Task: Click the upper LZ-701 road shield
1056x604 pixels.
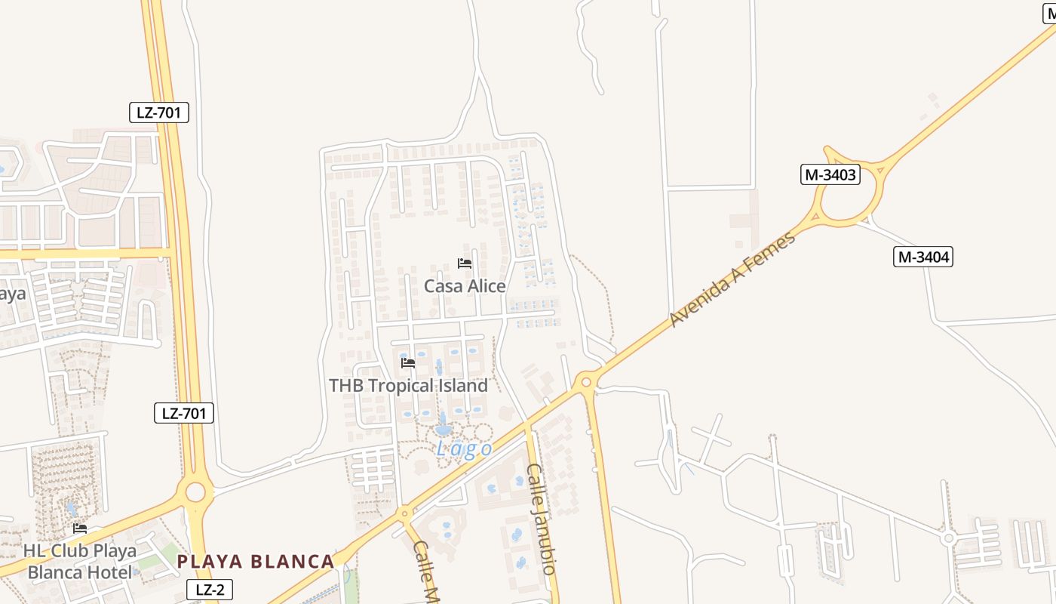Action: [158, 113]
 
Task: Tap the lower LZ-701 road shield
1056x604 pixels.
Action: [184, 413]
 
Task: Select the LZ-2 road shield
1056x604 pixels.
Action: [210, 590]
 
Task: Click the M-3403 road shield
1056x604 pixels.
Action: [830, 175]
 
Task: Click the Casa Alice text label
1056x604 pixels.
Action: [465, 286]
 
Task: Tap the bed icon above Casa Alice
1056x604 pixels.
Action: [465, 263]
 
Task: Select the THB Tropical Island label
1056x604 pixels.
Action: [408, 386]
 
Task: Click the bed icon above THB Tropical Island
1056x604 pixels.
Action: [408, 363]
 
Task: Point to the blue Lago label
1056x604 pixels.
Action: [465, 450]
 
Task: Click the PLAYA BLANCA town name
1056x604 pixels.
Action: [256, 562]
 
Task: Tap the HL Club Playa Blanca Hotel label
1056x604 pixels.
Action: [79, 561]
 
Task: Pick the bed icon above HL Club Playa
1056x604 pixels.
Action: [80, 528]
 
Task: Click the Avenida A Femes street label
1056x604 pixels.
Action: [732, 280]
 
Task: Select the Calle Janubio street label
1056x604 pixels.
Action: [542, 519]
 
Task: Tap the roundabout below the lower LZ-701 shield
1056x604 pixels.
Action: [195, 492]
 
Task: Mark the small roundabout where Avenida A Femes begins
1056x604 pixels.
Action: [586, 382]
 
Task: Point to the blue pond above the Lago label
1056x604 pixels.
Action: [444, 428]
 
